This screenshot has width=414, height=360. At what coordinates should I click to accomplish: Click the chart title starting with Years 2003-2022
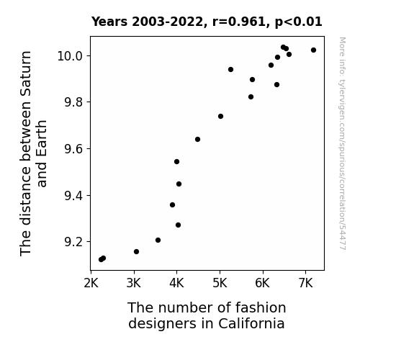pyautogui.click(x=207, y=22)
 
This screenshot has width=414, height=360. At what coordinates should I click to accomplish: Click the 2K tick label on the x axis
pyautogui.click(x=91, y=283)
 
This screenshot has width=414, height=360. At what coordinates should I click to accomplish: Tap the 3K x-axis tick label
pyautogui.click(x=134, y=283)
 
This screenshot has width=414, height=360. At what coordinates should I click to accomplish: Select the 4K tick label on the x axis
pyautogui.click(x=177, y=283)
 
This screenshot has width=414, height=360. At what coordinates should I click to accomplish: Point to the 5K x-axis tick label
pyautogui.click(x=220, y=283)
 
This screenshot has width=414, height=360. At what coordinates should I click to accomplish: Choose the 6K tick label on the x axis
pyautogui.click(x=263, y=283)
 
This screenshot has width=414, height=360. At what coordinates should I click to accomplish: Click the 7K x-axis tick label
pyautogui.click(x=306, y=283)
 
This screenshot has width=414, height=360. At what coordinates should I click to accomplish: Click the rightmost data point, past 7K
pyautogui.click(x=313, y=50)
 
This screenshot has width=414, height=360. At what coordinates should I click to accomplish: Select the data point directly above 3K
pyautogui.click(x=136, y=252)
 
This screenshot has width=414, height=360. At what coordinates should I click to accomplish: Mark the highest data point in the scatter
pyautogui.click(x=283, y=48)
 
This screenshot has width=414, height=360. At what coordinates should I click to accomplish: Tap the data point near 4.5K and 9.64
pyautogui.click(x=197, y=139)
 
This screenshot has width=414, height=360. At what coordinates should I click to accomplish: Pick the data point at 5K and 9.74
pyautogui.click(x=221, y=116)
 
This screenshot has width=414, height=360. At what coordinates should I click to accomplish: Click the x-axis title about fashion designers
pyautogui.click(x=207, y=315)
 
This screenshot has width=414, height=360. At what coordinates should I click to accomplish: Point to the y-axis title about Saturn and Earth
pyautogui.click(x=33, y=153)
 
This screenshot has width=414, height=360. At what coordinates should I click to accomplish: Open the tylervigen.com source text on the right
pyautogui.click(x=343, y=143)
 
